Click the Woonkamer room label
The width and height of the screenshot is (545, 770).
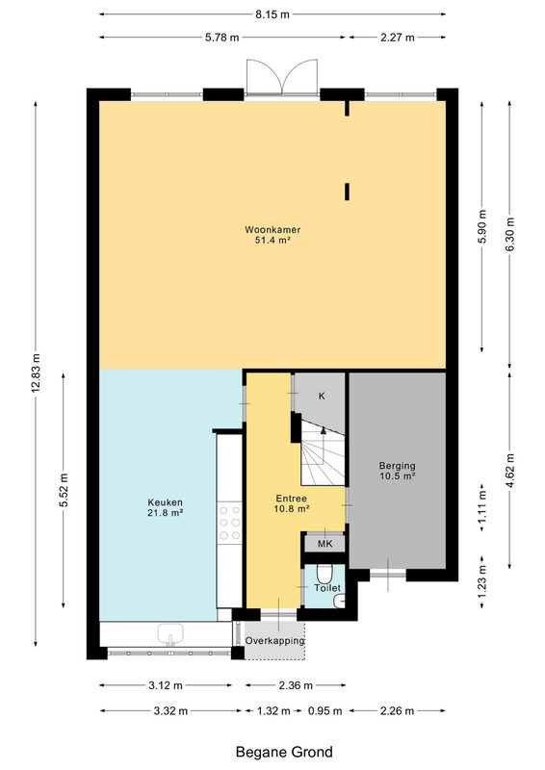272,229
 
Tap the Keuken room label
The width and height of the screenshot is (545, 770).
165,502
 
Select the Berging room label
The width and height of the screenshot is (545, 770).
397,466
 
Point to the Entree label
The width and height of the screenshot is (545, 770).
292,499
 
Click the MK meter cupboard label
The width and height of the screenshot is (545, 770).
324,544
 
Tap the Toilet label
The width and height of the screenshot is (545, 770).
327,588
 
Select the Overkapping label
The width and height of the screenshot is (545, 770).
274,641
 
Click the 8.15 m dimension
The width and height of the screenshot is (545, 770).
272,14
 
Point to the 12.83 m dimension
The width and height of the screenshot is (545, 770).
36,373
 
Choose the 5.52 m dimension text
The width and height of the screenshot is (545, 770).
64,490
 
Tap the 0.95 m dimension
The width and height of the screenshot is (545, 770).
324,710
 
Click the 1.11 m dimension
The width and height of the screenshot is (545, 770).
482,504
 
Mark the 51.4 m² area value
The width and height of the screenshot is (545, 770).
272,240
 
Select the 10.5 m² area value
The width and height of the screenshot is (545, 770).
397,476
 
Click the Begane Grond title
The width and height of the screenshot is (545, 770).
284,752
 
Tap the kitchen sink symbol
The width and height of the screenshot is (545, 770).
170,634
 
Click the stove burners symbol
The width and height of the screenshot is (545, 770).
230,523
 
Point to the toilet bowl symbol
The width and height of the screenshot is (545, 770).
324,574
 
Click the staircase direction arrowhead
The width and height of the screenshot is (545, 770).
323,430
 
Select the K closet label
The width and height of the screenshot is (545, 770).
322,396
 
